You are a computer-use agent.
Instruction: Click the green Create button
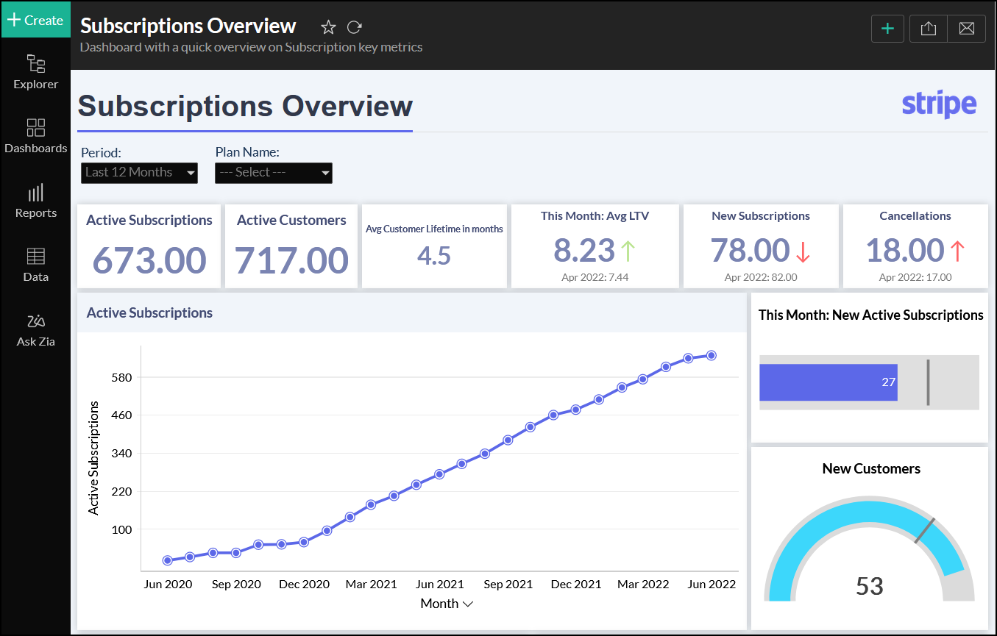click(x=35, y=20)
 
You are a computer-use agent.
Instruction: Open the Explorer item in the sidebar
click(x=35, y=72)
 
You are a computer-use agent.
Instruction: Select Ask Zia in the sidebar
click(x=35, y=330)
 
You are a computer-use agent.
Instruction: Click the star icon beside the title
click(x=328, y=27)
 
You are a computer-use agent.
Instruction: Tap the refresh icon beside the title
click(x=355, y=27)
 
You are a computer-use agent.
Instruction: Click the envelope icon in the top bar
click(x=967, y=29)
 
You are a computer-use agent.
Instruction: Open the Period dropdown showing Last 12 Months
click(x=139, y=173)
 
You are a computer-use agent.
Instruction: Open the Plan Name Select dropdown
click(x=274, y=173)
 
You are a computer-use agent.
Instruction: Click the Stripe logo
click(x=939, y=104)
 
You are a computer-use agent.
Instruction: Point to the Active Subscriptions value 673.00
click(x=149, y=260)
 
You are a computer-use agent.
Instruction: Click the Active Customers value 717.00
click(x=291, y=260)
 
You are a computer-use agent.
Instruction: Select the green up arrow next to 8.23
click(x=628, y=251)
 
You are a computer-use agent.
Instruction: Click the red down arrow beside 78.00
click(x=802, y=251)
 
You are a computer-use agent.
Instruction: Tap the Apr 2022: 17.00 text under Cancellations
click(x=915, y=277)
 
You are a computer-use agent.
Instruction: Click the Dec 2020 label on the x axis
click(x=304, y=585)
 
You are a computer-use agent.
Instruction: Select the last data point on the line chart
click(x=712, y=356)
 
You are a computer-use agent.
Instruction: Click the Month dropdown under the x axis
click(x=447, y=604)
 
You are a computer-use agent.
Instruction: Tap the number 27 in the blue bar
click(x=888, y=382)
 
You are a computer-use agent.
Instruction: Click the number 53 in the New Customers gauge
click(x=869, y=586)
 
